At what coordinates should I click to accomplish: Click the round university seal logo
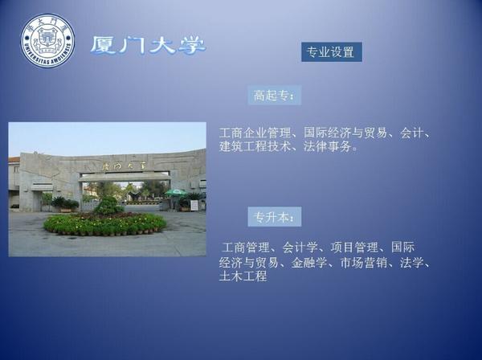47,41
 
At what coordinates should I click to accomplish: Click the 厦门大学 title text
148,46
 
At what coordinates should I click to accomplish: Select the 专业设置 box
331,52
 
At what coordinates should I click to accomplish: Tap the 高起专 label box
275,96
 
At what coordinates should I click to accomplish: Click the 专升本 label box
275,217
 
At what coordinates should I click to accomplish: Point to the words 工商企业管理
255,133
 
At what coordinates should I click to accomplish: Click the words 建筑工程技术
255,146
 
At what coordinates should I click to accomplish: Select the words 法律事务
328,146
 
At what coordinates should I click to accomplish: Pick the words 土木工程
243,276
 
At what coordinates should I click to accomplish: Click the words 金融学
309,263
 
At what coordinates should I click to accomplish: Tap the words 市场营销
363,263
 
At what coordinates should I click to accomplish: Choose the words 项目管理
354,247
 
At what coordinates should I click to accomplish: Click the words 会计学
300,247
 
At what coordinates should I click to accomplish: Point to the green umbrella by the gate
176,193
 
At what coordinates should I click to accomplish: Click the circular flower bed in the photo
104,224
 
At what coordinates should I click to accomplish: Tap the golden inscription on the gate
124,166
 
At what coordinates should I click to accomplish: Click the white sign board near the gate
194,206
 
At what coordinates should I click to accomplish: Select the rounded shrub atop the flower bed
108,206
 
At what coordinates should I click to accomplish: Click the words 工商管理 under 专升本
245,247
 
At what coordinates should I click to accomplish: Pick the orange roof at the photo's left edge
14,160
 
